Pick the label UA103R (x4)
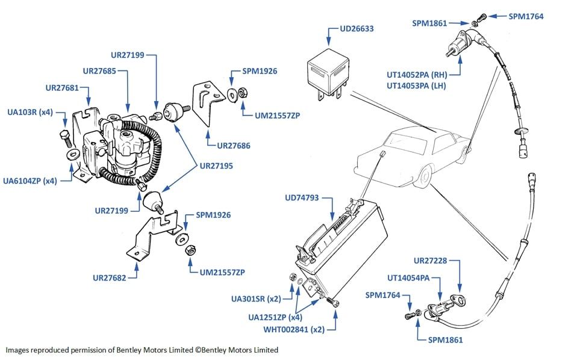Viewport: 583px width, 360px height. click(30, 112)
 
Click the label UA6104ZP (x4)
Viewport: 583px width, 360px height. click(30, 180)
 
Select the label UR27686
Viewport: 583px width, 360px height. click(234, 145)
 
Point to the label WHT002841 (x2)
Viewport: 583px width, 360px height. click(294, 329)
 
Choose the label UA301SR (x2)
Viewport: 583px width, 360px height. click(255, 299)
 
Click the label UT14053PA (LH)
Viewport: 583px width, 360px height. click(424, 86)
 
